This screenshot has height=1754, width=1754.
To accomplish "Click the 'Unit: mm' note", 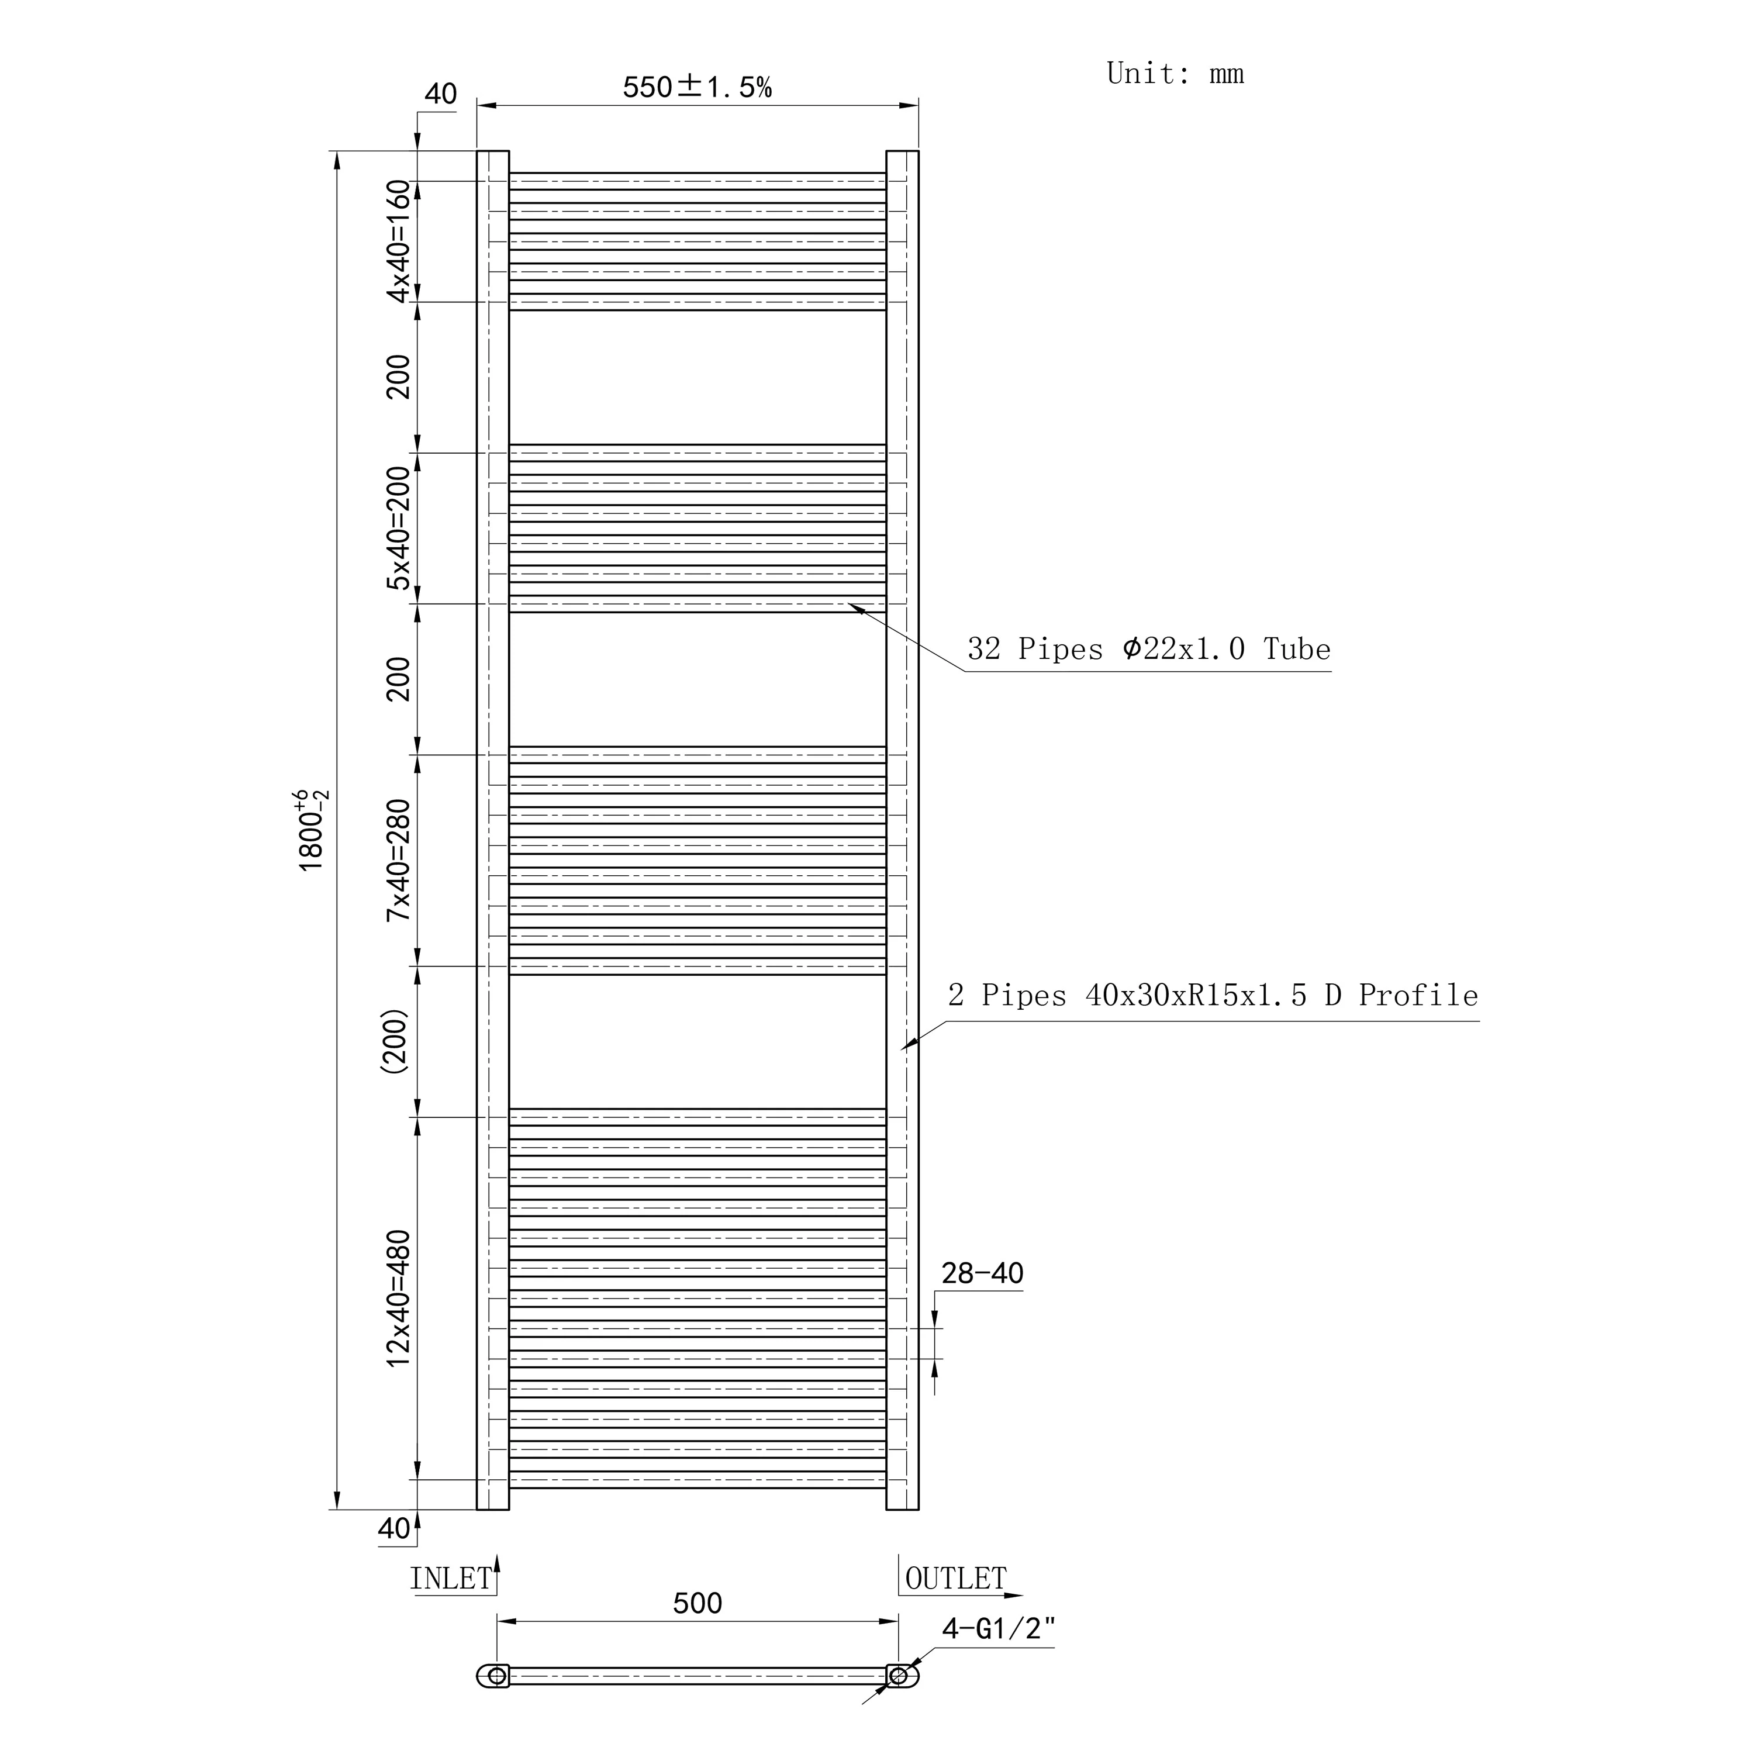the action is (1175, 74).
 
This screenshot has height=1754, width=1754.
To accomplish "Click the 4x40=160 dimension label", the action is (399, 241).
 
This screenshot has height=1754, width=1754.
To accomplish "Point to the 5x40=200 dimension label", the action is (399, 529).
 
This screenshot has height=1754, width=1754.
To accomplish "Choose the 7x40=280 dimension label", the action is (399, 861).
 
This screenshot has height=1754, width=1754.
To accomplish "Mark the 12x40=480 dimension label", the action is (399, 1298).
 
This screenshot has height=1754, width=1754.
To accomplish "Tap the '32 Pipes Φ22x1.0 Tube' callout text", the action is (1148, 649).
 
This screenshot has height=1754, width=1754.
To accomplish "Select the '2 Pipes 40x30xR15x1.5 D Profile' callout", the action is (1213, 996).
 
